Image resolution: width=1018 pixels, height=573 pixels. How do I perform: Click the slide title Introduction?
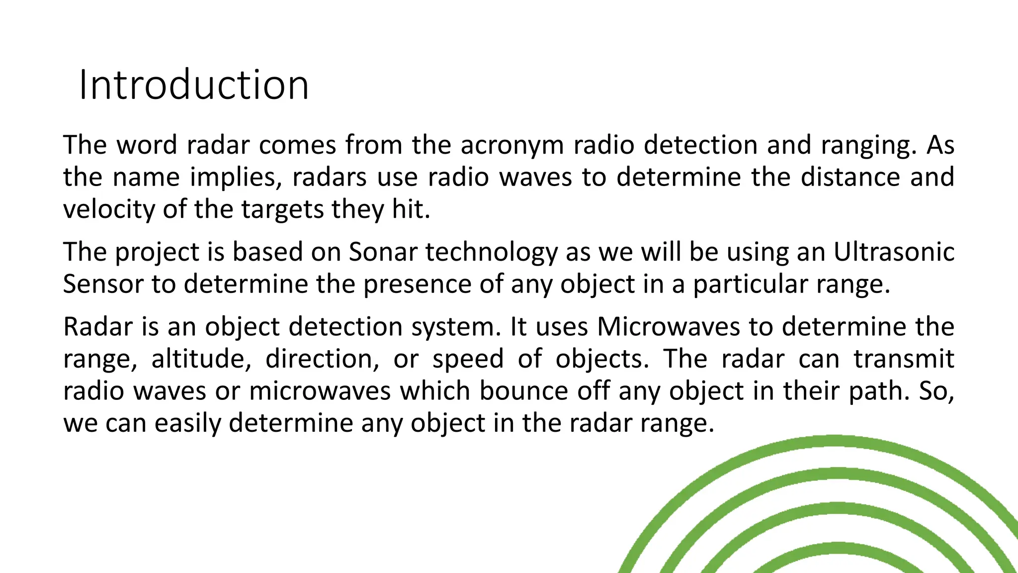tap(194, 85)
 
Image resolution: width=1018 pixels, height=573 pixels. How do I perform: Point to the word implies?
tap(236, 178)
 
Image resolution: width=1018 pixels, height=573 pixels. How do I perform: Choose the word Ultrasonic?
tap(893, 252)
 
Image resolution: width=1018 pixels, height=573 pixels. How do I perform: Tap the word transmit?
tap(904, 359)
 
